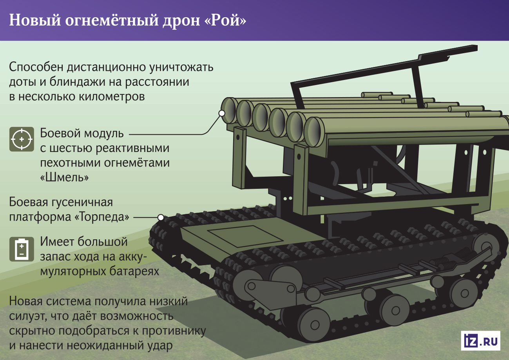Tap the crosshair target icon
pos(22,139)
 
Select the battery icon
pos(22,250)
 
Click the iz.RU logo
pos(481,340)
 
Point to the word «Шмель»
pos(64,177)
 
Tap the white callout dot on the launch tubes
pos(222,113)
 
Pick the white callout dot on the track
pos(160,217)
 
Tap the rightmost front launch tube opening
pos(313,131)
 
